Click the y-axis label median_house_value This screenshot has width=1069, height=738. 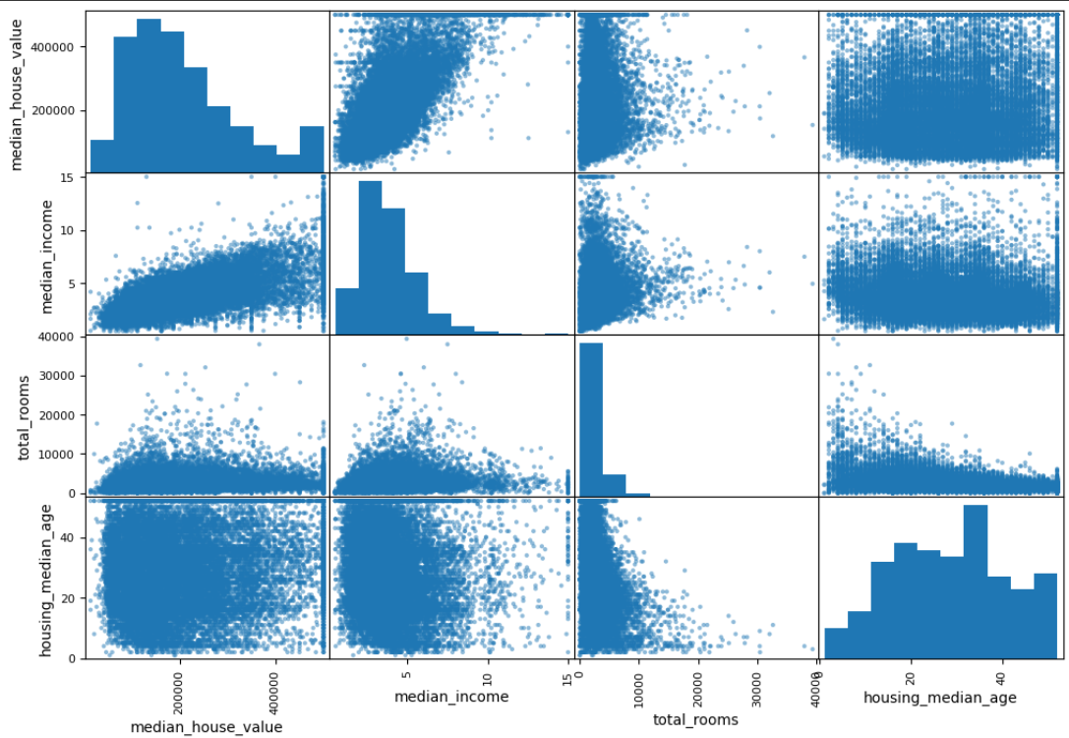point(17,94)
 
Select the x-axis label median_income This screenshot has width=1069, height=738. point(451,697)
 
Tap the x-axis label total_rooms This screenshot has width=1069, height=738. point(695,719)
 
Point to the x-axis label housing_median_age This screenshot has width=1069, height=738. point(939,698)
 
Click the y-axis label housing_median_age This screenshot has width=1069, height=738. point(45,581)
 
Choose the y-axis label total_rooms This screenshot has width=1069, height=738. point(24,417)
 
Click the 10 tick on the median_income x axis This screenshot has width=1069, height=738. point(487,679)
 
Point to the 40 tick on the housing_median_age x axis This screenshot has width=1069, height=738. point(1001,679)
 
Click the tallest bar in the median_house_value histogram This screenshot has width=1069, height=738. point(148,94)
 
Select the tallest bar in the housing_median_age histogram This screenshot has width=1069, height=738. point(976,582)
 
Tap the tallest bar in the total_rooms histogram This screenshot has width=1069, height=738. point(591,419)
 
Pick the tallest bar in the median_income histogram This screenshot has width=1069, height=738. point(370,258)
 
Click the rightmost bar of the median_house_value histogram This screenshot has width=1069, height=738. point(313,149)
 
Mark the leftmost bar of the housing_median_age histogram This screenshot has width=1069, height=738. point(837,644)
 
